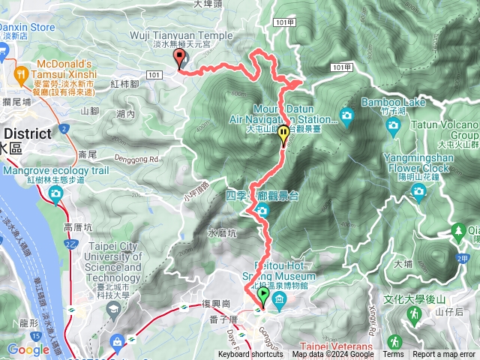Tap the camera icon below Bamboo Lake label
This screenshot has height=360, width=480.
346,115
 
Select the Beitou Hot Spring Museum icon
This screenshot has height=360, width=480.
279,301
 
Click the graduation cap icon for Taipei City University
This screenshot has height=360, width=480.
114,308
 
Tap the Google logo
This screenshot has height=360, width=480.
28,349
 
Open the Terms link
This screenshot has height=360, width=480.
392,355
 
